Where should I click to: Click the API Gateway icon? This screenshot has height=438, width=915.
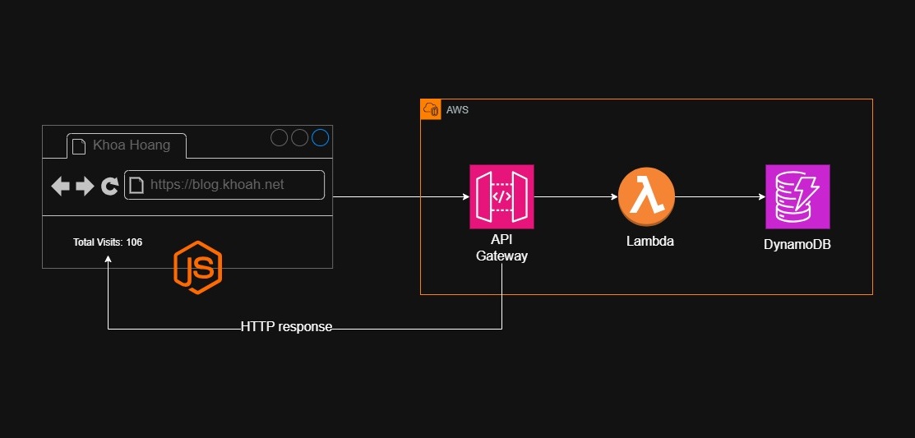(x=501, y=196)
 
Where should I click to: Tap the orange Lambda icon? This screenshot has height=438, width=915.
(x=646, y=197)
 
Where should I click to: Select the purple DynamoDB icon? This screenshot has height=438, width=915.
(x=797, y=196)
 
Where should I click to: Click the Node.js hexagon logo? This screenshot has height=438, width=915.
(x=197, y=268)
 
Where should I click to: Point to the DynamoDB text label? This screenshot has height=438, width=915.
(x=797, y=244)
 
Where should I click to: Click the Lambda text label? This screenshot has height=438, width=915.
(x=649, y=241)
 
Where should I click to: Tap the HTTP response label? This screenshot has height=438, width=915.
(x=286, y=326)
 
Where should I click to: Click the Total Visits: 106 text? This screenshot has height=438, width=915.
(x=108, y=242)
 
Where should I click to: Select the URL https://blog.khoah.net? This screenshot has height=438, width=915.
(x=217, y=185)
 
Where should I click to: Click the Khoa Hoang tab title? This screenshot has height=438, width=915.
(x=132, y=145)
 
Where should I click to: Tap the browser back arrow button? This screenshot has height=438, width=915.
(x=61, y=187)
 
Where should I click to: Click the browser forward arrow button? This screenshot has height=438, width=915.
(x=85, y=187)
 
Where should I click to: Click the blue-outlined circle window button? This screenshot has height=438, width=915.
(x=320, y=138)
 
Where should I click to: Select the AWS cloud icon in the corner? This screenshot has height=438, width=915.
(x=431, y=109)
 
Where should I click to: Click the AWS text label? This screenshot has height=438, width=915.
(x=457, y=109)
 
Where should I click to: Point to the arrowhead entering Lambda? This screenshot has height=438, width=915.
(x=613, y=197)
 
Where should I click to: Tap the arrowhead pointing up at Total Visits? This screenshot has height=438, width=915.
(x=108, y=259)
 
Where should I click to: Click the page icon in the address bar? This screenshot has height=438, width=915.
(x=137, y=186)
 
